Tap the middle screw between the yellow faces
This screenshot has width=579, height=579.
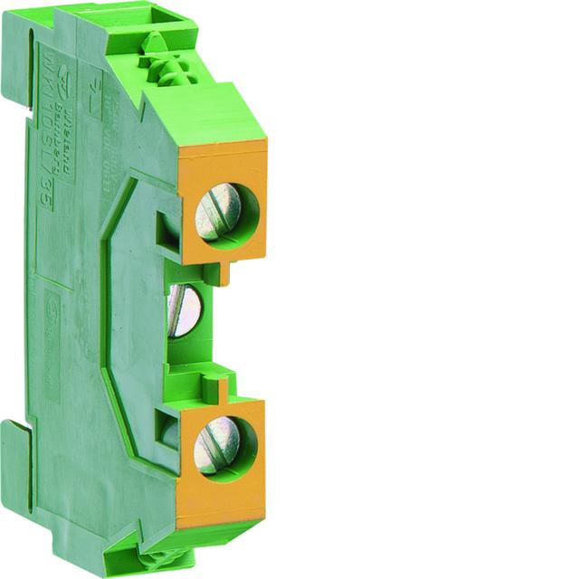185,309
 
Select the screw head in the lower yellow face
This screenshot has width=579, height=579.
217,446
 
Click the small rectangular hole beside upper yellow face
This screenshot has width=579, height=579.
167,230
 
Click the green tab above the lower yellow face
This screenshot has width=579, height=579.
217,389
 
